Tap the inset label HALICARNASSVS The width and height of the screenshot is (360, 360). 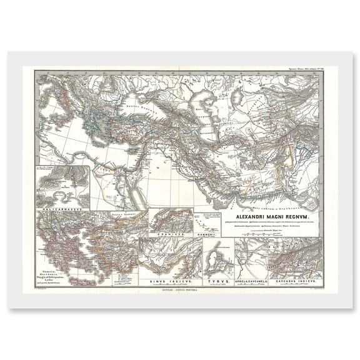click(x=61, y=204)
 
